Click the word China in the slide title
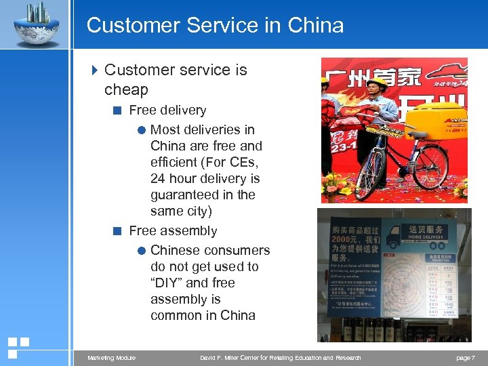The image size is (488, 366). pyautogui.click(x=315, y=26)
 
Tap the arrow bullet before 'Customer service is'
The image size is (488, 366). pyautogui.click(x=94, y=70)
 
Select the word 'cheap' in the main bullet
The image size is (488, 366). pyautogui.click(x=126, y=89)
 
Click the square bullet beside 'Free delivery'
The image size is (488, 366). pyautogui.click(x=118, y=110)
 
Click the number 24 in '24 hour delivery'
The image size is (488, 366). pyautogui.click(x=158, y=178)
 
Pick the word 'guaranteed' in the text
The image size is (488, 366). pyautogui.click(x=184, y=195)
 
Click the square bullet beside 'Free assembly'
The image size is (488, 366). pyautogui.click(x=118, y=231)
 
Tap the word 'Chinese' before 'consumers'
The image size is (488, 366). pyautogui.click(x=176, y=250)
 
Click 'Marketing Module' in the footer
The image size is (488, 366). pyautogui.click(x=111, y=358)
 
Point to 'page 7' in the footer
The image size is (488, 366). pyautogui.click(x=465, y=358)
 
